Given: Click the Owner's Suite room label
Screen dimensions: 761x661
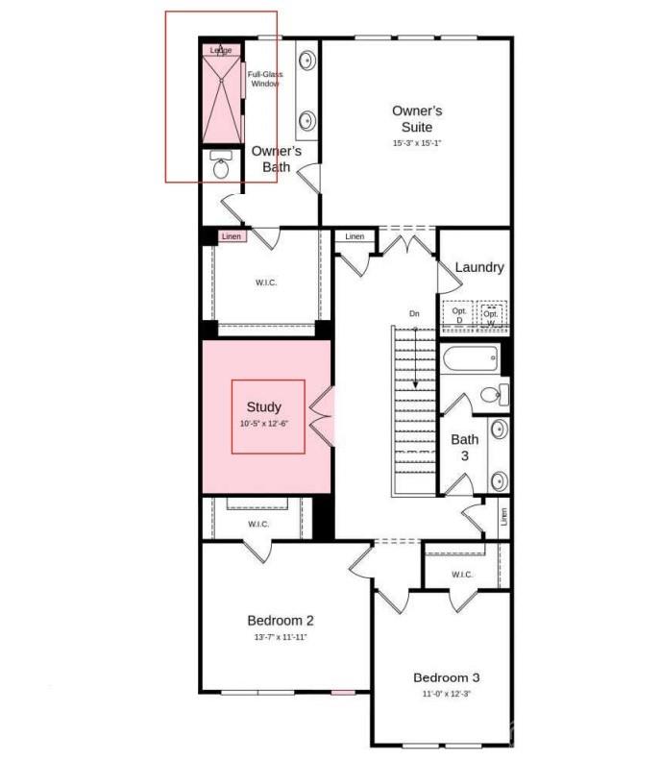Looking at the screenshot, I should click(417, 118).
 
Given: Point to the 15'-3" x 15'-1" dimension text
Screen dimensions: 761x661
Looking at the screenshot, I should click(417, 143).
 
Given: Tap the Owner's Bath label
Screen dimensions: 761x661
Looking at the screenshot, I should click(276, 159).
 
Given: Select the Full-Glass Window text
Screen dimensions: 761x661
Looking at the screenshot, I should click(264, 79).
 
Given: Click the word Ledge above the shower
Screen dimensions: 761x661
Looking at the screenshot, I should click(221, 50).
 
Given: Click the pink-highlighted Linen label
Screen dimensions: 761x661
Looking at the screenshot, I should click(232, 236).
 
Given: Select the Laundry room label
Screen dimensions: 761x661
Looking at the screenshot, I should click(478, 267).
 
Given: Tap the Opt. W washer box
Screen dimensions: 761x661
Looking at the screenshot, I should click(491, 315).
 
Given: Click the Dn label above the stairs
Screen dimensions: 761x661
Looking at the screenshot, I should click(414, 314).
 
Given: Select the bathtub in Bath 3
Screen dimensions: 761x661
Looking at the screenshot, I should click(470, 359).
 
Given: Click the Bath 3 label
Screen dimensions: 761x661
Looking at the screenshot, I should click(465, 447).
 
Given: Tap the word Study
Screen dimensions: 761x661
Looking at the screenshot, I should click(263, 407).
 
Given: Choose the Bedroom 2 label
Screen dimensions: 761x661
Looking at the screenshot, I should click(280, 620).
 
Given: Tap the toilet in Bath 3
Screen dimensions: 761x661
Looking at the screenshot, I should click(491, 394).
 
